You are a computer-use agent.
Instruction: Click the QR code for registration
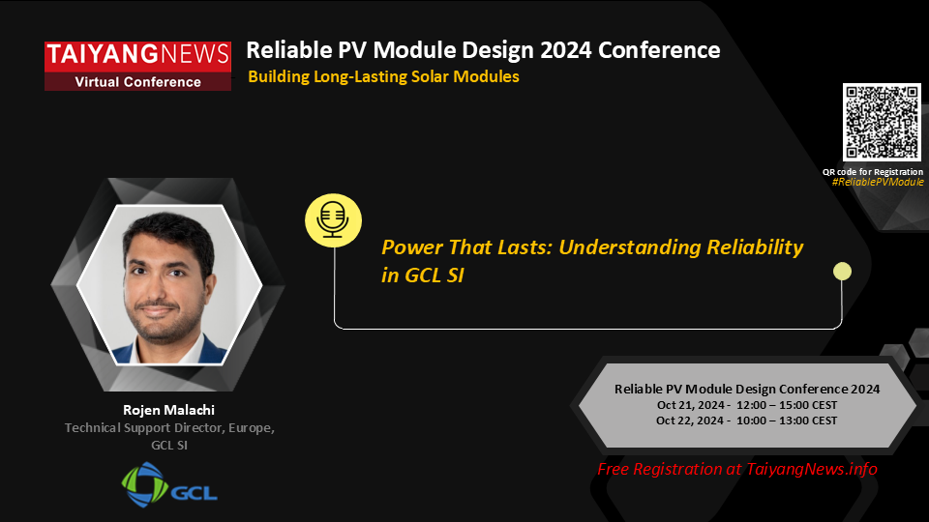882,122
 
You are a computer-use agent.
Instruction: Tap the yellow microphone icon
333,220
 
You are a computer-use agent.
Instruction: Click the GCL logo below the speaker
169,484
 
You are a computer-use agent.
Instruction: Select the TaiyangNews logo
138,66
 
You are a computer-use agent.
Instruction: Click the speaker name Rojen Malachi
168,410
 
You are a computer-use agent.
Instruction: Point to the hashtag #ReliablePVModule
878,182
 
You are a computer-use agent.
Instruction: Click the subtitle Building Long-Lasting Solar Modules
383,76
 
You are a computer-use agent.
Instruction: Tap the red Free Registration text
737,469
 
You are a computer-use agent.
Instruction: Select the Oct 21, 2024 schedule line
746,405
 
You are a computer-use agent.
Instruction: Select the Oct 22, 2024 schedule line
746,420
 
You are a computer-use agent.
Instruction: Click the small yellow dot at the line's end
842,271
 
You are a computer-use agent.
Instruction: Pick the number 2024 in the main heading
565,50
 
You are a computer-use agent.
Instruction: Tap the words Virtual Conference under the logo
138,81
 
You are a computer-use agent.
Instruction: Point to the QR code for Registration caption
873,172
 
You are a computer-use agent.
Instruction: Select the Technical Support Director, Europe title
169,427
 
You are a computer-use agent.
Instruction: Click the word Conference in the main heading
659,50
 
